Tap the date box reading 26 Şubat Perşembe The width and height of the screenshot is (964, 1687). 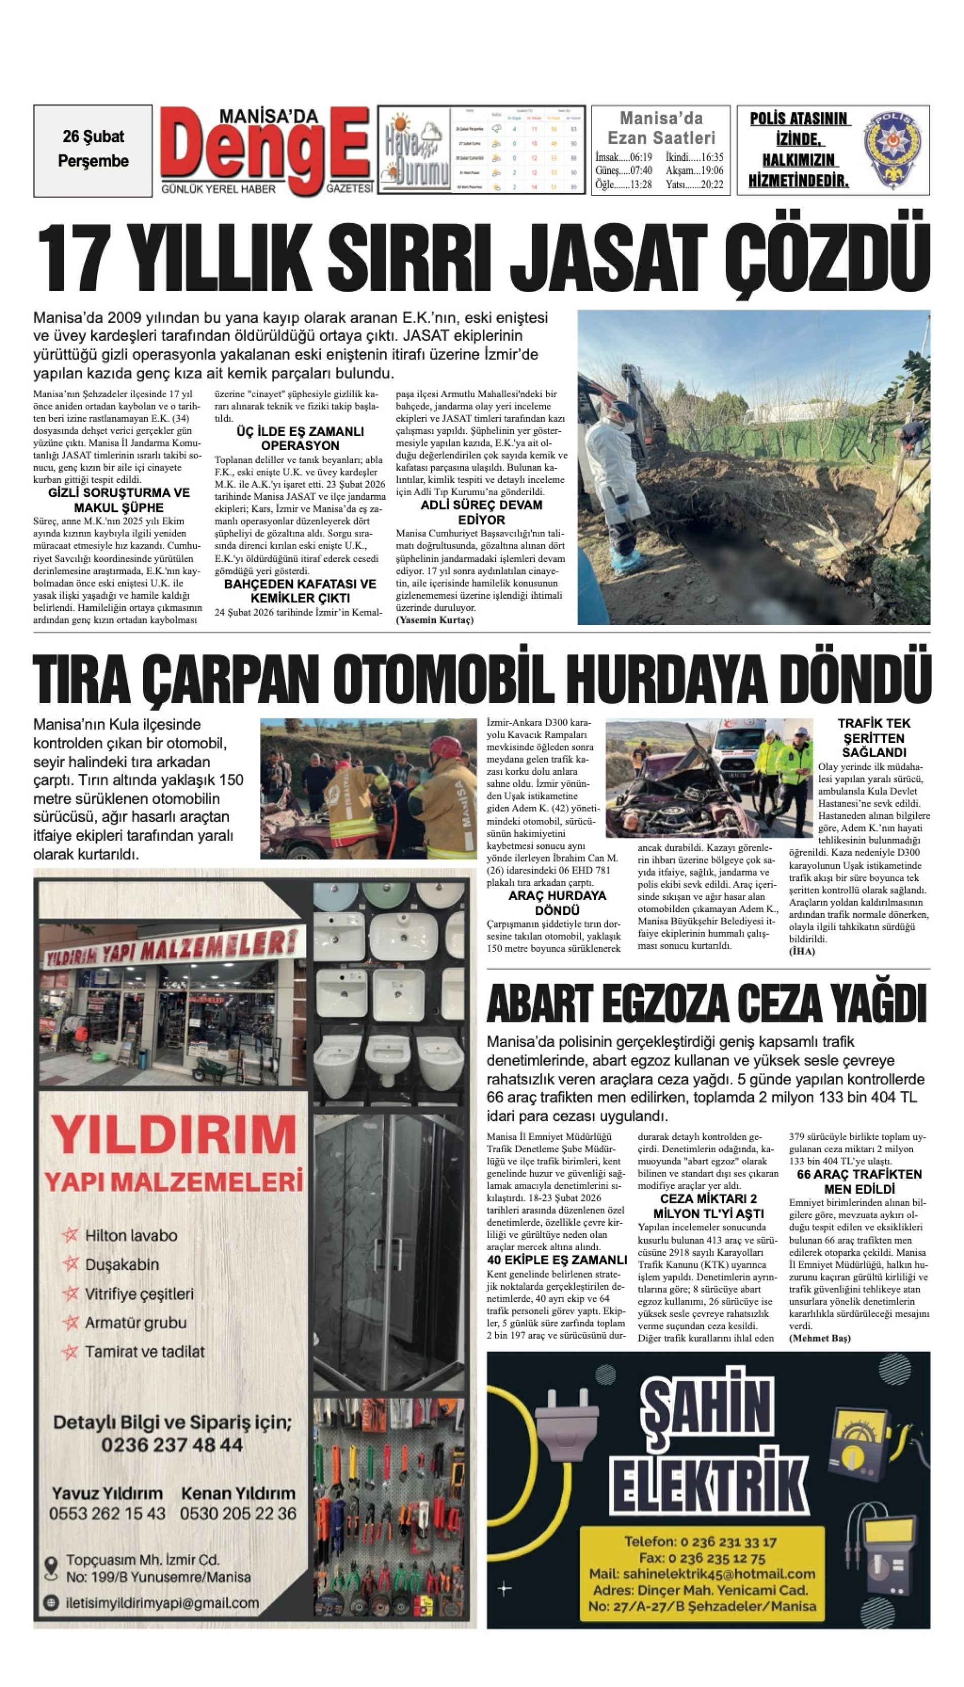(93, 150)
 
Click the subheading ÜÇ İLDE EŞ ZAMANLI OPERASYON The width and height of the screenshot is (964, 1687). (300, 438)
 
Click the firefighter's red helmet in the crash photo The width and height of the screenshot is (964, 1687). (445, 747)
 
